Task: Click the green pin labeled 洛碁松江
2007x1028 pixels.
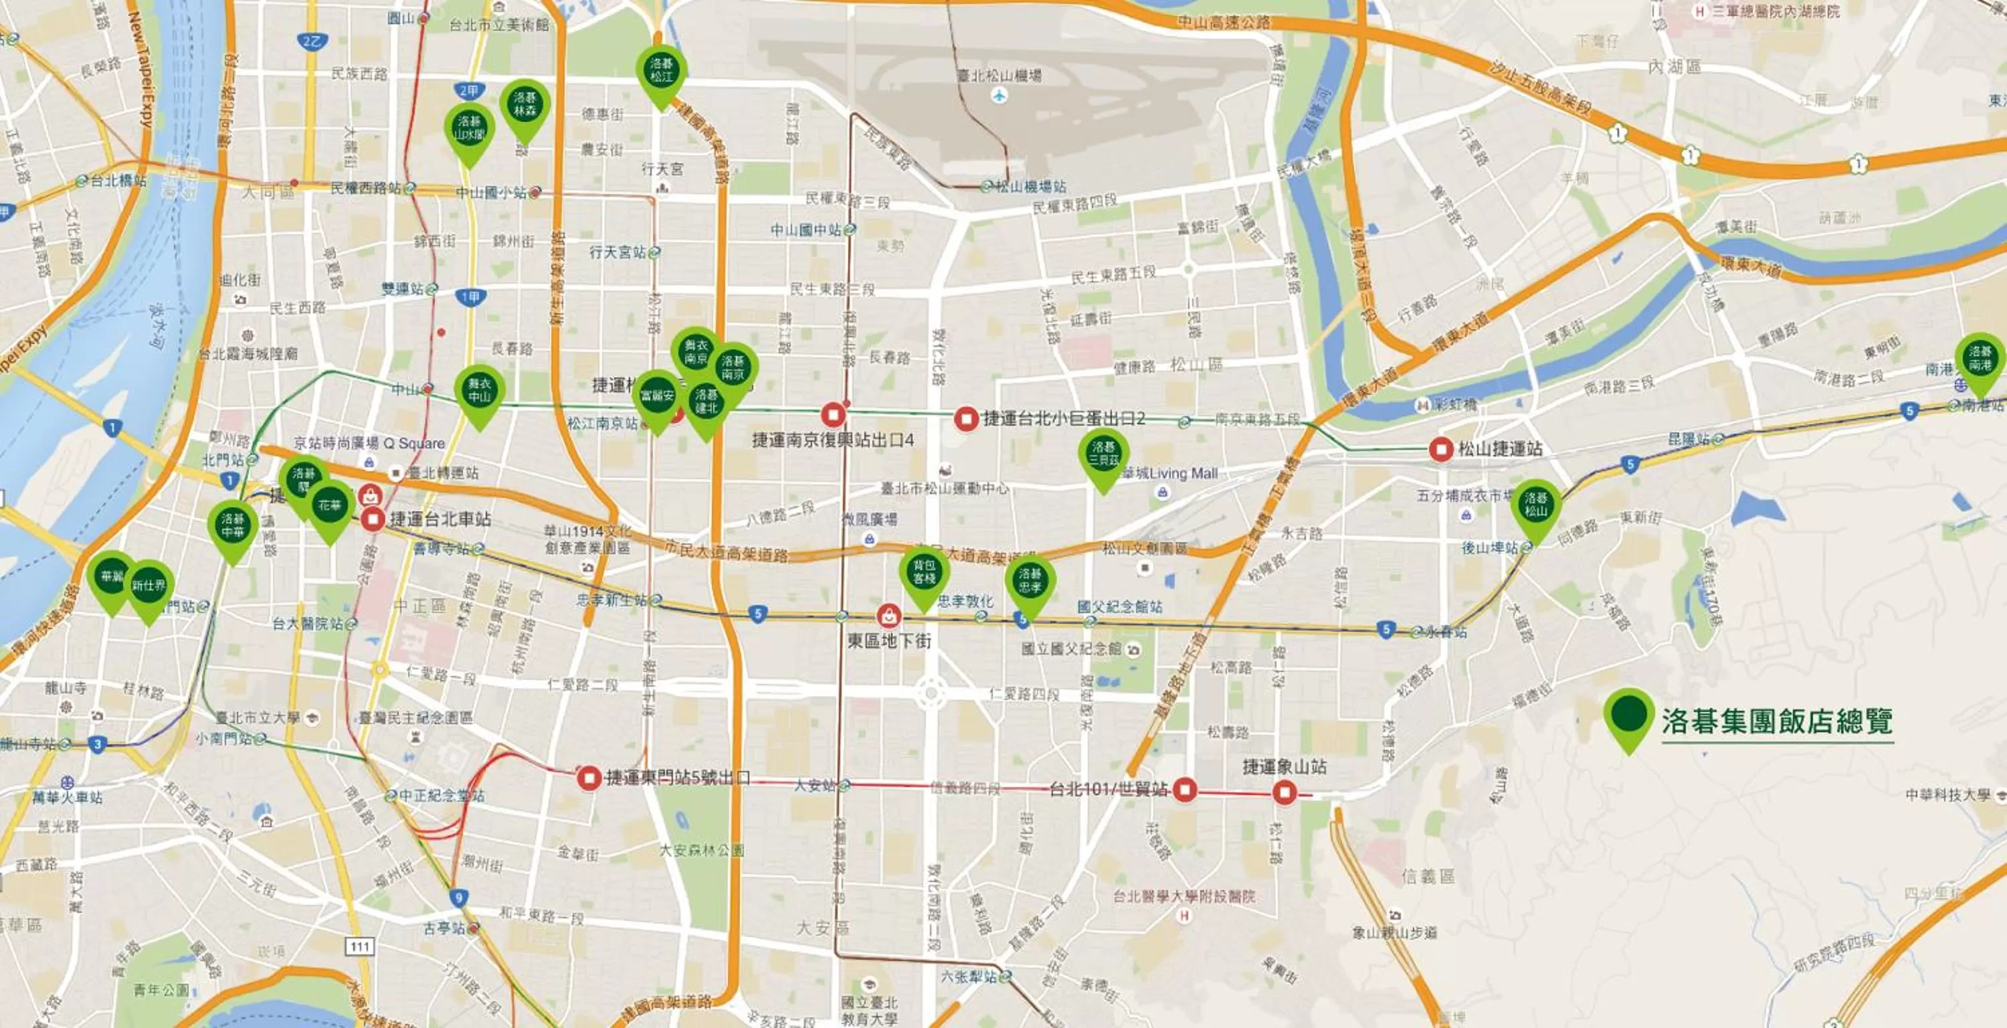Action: click(x=661, y=70)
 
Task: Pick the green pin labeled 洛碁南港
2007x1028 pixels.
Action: click(x=1980, y=359)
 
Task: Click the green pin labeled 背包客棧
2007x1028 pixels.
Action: click(x=924, y=572)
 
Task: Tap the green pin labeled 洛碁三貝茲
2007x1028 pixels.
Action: click(x=1103, y=454)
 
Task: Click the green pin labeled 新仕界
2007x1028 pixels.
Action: click(x=149, y=586)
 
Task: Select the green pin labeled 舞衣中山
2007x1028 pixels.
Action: click(x=479, y=390)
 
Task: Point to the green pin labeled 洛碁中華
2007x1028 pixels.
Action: click(x=233, y=525)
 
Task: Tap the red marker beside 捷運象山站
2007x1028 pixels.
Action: click(x=1284, y=793)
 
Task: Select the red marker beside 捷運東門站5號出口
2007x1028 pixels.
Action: click(x=589, y=777)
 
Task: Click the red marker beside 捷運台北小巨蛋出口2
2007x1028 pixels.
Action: click(x=966, y=418)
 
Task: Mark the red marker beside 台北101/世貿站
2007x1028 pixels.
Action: click(x=1185, y=790)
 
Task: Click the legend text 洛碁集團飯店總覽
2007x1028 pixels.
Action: click(x=1777, y=721)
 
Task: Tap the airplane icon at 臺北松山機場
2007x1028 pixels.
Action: click(x=999, y=96)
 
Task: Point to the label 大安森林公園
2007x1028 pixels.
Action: click(x=702, y=850)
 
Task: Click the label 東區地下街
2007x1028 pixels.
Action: click(x=889, y=640)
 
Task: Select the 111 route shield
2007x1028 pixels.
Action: click(x=359, y=946)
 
